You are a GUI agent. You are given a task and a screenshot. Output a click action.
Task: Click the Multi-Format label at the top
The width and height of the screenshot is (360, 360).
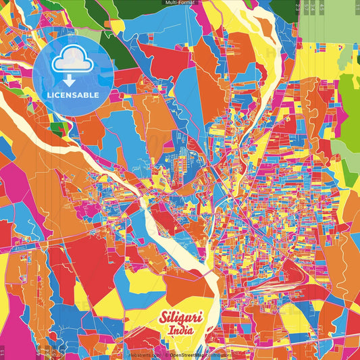tap(180, 3)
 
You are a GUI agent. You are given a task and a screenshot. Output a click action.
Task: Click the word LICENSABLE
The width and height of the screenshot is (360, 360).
tap(73, 95)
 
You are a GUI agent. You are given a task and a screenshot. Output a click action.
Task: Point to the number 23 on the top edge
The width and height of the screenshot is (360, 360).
tap(299, 8)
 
